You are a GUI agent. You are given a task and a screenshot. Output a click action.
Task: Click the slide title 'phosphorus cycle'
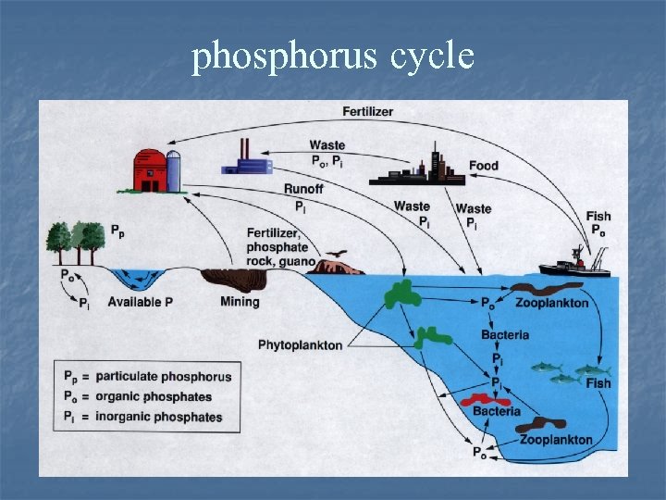coord(333,57)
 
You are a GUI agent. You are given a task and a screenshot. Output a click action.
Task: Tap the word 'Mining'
coord(240,302)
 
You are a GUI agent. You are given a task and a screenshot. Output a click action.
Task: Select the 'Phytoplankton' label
coord(300,345)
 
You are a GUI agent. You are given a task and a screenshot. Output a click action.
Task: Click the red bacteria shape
coord(485,401)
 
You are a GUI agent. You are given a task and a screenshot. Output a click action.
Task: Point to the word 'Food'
coord(483,166)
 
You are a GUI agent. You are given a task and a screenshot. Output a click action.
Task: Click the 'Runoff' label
coord(303,190)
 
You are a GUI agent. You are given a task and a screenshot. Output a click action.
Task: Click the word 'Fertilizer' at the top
coord(367,112)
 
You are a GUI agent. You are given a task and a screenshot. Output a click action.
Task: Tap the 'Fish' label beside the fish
coord(598,383)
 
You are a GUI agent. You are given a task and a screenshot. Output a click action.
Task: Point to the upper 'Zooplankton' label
coord(551,304)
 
